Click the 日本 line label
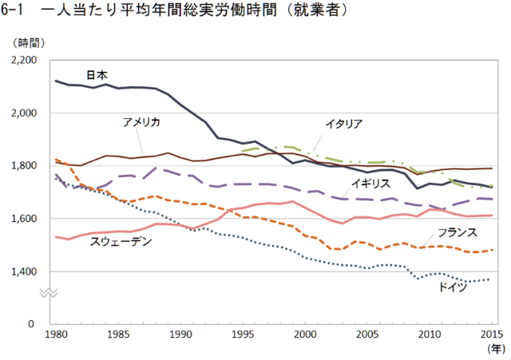[x=97, y=75]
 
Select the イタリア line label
[x=344, y=124]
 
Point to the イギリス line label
[x=371, y=183]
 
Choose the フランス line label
[x=458, y=232]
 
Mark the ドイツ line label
[x=452, y=286]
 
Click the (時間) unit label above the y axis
[x=30, y=42]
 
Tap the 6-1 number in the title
[x=14, y=11]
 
